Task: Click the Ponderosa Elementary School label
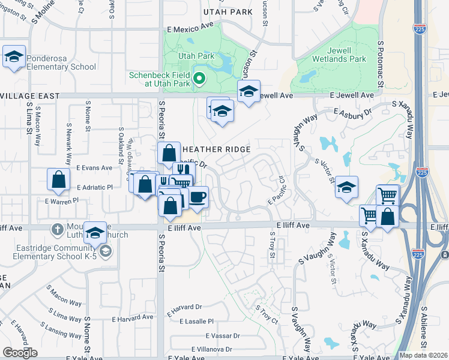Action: pyautogui.click(x=58, y=67)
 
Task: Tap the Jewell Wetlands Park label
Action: pyautogui.click(x=339, y=59)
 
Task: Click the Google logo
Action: pyautogui.click(x=20, y=353)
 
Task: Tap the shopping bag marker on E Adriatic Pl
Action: pyautogui.click(x=59, y=179)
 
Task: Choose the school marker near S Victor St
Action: pyautogui.click(x=347, y=187)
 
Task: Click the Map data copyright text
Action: pyautogui.click(x=423, y=355)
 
